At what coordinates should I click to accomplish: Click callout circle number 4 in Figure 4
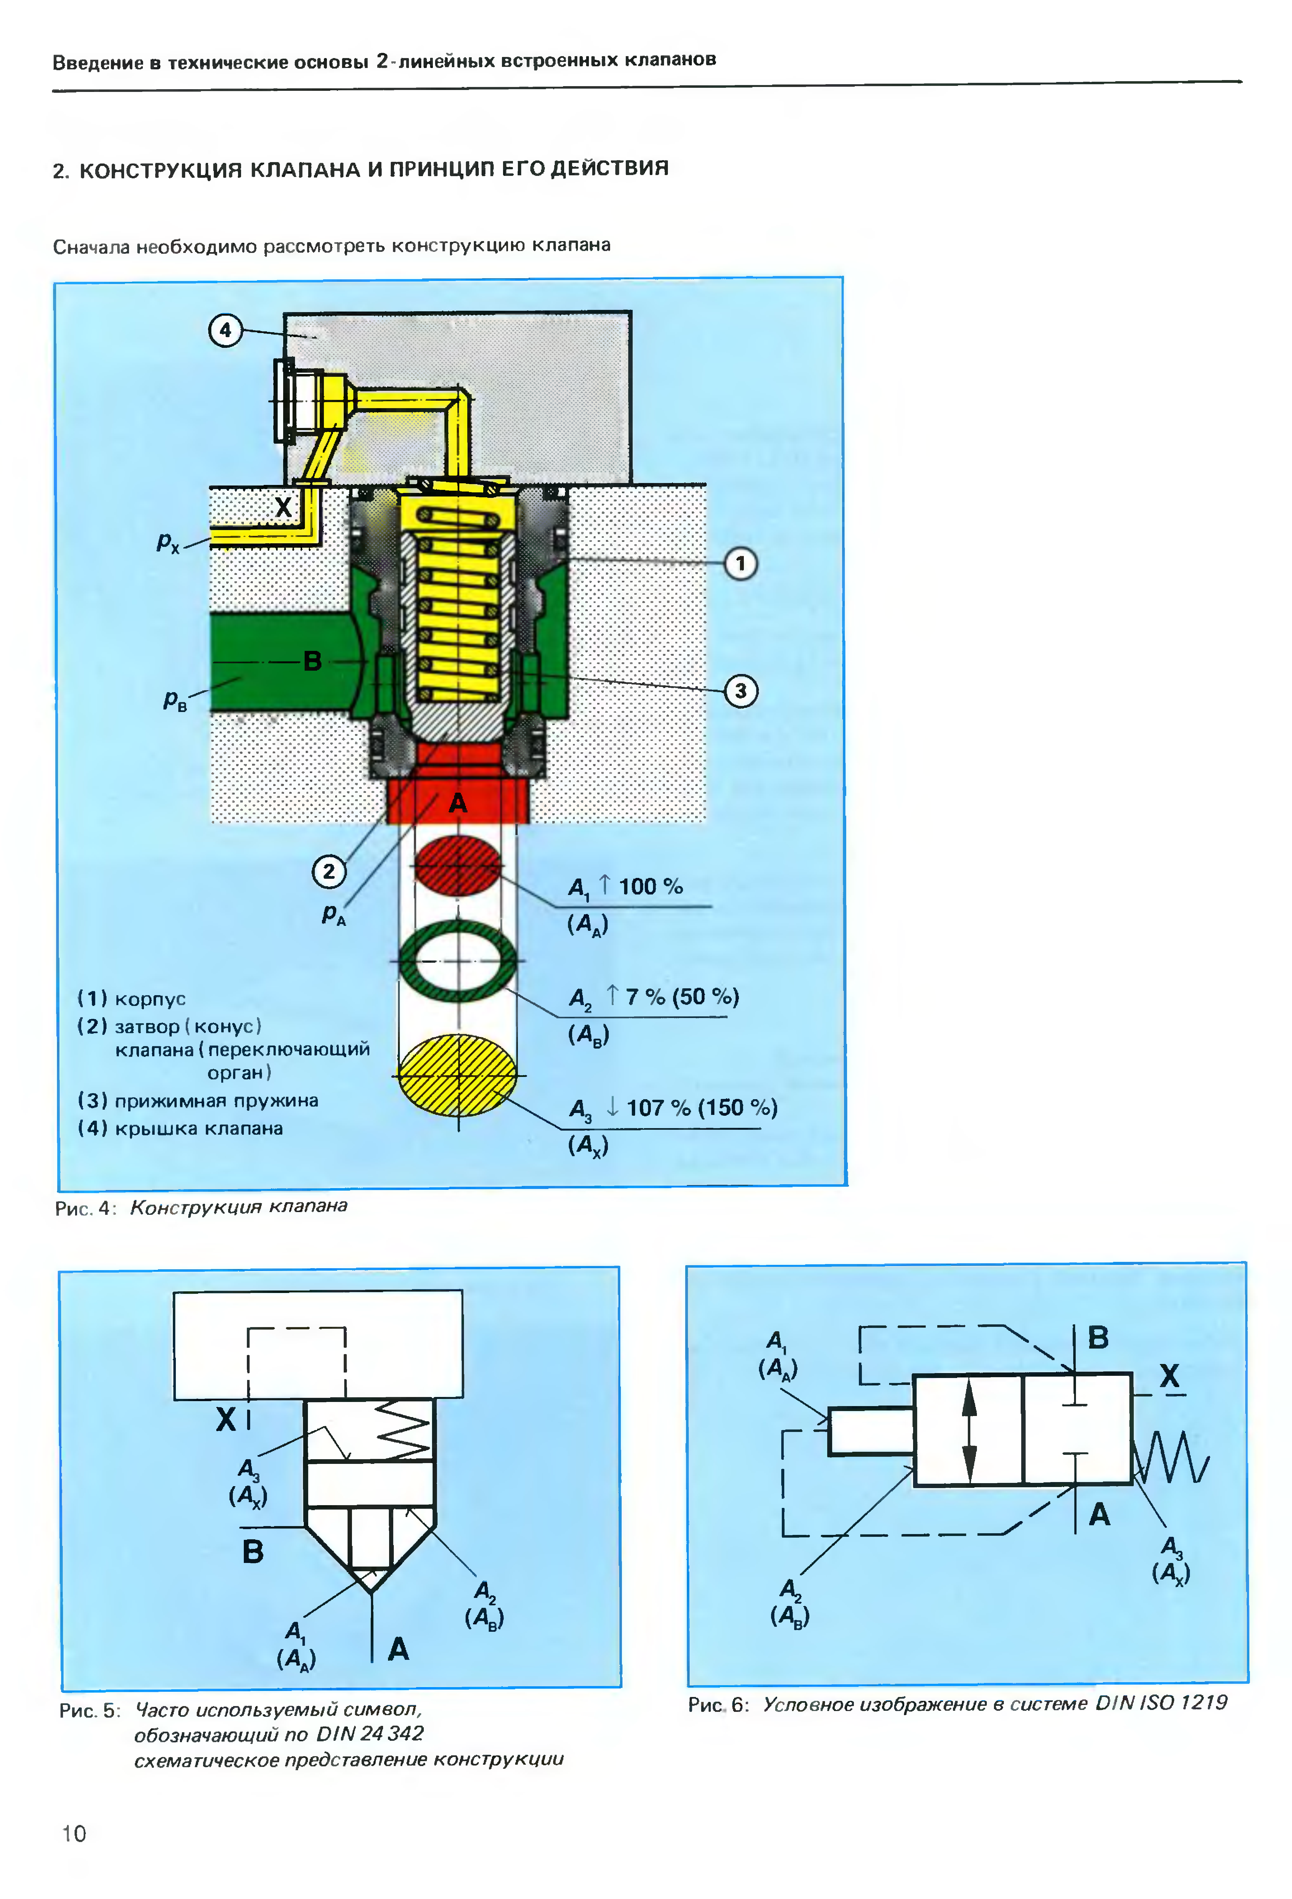[226, 331]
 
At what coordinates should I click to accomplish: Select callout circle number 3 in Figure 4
[740, 691]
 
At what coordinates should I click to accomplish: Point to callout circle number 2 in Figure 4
[329, 871]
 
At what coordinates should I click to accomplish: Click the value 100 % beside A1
[651, 886]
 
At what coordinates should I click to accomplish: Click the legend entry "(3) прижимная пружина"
[198, 1101]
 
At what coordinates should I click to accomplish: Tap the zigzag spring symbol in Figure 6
[1171, 1457]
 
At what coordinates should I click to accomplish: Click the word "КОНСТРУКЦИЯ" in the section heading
[161, 170]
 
